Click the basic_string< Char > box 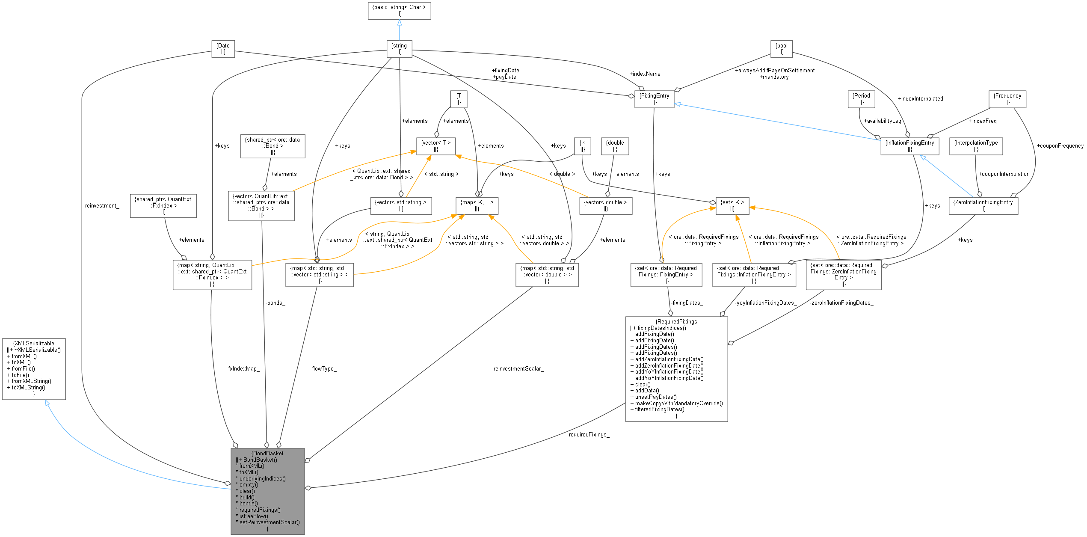point(399,11)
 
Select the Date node point(223,49)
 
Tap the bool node point(781,49)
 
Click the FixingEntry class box point(654,99)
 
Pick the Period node point(861,99)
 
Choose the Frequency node point(1007,99)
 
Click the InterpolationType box point(976,146)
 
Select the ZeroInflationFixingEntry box point(983,205)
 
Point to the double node point(615,146)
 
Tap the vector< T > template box point(435,146)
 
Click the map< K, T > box point(477,205)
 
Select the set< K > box point(732,205)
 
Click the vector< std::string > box point(400,205)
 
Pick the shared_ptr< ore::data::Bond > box point(272,146)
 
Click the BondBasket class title point(267,453)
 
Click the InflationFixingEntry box point(909,146)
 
